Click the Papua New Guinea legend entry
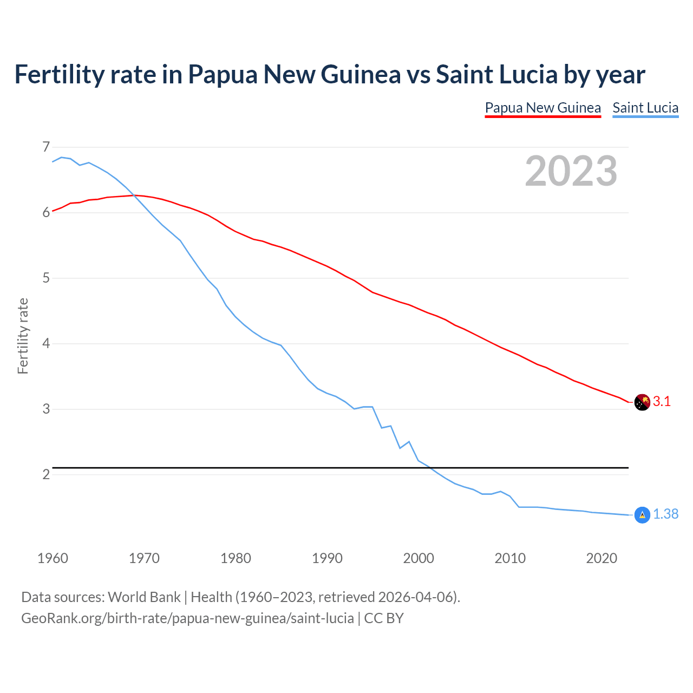tap(542, 108)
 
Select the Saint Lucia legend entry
tap(645, 108)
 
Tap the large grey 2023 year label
tap(571, 171)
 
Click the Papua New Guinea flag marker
tap(642, 402)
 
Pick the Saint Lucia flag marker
tap(642, 515)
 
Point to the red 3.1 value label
tap(662, 402)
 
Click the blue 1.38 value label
tap(665, 514)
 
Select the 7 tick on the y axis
tap(46, 147)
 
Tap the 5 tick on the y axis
tap(46, 278)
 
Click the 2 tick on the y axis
tap(46, 475)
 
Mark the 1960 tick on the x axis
tap(53, 558)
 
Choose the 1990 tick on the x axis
tap(327, 558)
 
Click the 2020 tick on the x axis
tap(602, 558)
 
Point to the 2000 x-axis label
tap(419, 558)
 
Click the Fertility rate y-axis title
tap(23, 336)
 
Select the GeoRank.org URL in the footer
tap(187, 618)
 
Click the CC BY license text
tap(384, 618)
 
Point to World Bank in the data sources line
tap(144, 597)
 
